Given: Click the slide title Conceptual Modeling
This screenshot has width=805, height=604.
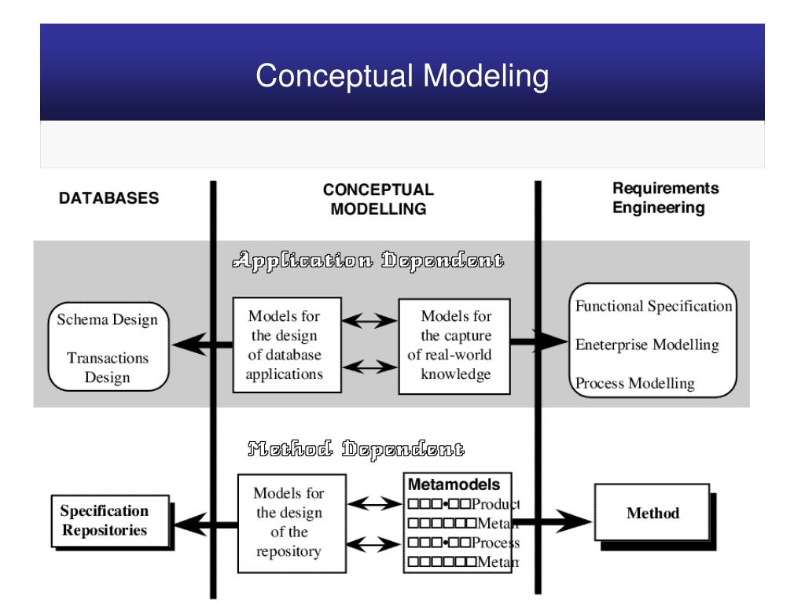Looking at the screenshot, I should [x=402, y=76].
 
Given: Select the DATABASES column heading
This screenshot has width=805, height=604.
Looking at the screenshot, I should [x=109, y=199].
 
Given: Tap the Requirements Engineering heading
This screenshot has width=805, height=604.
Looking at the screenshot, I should [x=665, y=198].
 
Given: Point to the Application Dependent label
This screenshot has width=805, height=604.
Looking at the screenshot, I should [x=368, y=260].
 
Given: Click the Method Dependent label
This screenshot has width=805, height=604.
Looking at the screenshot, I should [x=355, y=451].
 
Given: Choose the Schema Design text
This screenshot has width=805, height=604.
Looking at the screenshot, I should [x=108, y=320].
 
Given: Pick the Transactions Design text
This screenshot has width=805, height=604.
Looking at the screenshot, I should [x=108, y=367].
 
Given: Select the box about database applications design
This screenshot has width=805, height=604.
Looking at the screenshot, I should [x=287, y=345].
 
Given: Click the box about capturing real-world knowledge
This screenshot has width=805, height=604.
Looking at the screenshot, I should [x=455, y=345].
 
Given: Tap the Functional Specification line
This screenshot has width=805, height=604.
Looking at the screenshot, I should [x=654, y=307].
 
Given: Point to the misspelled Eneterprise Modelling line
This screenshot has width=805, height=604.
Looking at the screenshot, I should [x=646, y=344].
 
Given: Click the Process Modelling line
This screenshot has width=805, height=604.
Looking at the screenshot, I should [x=635, y=384].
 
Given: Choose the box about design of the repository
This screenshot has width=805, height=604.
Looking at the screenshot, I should [x=292, y=522].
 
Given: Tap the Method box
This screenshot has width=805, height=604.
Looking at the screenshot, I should [x=652, y=514].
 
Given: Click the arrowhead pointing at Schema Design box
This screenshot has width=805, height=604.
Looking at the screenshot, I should [x=182, y=342].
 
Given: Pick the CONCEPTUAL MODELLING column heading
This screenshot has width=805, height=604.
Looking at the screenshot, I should [x=378, y=199].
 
